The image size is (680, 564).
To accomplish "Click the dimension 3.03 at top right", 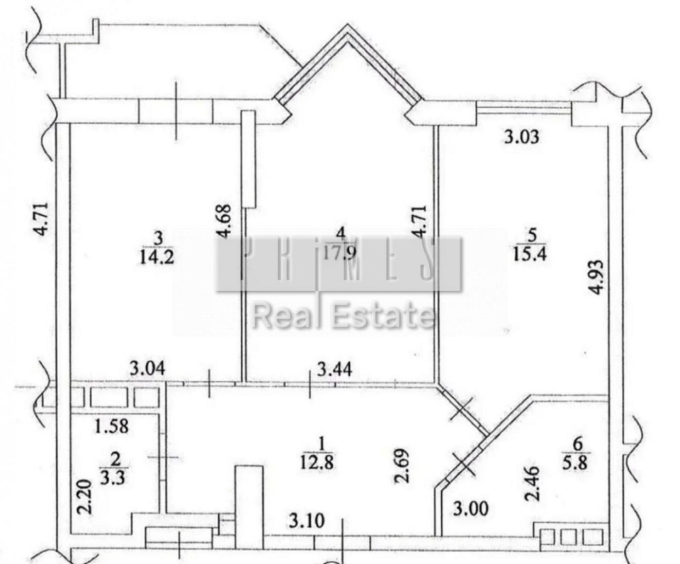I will click(521, 137).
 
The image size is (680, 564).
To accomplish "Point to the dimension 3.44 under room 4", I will click(334, 370).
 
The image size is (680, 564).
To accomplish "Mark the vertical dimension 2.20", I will click(84, 498).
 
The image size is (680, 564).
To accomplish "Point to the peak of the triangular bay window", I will click(347, 29).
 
